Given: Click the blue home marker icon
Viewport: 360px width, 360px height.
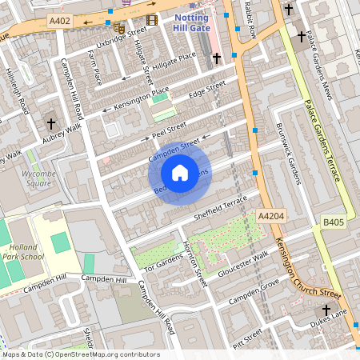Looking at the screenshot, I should [180, 172].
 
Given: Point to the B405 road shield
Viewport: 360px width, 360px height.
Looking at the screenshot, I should [332, 221].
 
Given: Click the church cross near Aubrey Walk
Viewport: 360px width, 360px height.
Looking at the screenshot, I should [52, 124].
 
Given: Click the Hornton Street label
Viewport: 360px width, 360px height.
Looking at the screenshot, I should [194, 266].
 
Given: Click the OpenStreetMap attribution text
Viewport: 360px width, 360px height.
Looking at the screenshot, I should [80, 354].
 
